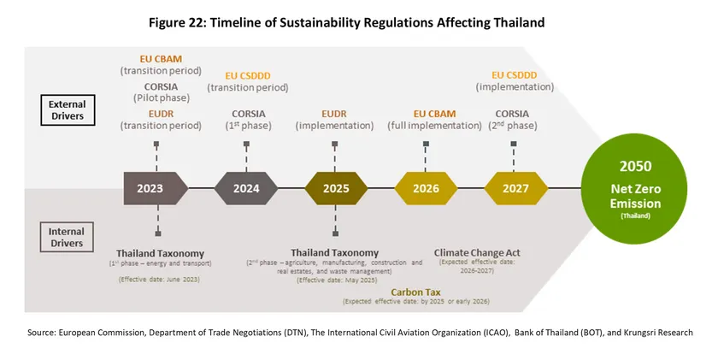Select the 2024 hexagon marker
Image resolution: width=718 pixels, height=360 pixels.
click(x=246, y=187)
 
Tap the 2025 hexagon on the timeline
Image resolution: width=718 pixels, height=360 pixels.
click(x=334, y=187)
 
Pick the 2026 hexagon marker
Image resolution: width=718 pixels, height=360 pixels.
click(x=425, y=187)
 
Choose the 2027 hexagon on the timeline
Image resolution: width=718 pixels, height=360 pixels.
click(x=514, y=187)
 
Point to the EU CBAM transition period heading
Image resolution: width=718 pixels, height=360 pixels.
click(x=156, y=58)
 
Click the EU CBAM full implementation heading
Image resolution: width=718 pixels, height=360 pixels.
click(x=435, y=112)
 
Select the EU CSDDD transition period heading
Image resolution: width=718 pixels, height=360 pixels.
click(x=250, y=75)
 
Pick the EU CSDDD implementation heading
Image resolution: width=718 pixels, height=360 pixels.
click(x=515, y=75)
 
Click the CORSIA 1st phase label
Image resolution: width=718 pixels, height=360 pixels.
click(x=249, y=113)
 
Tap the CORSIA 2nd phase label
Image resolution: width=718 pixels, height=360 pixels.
click(x=512, y=113)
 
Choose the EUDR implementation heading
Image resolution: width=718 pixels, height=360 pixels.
click(x=334, y=112)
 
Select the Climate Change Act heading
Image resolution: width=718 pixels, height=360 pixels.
click(x=477, y=252)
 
